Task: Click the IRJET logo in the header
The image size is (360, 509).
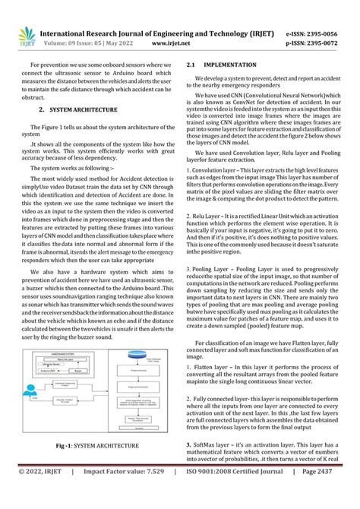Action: (28, 36)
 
